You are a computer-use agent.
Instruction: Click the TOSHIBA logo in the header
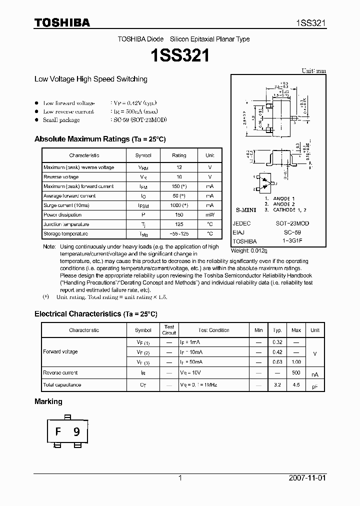pos(62,22)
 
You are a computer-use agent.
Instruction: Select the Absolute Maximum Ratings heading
pos(99,139)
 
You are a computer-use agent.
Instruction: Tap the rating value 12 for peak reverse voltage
pos(178,167)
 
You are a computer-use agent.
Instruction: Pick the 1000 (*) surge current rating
pos(178,205)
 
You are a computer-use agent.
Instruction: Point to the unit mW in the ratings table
pos(209,215)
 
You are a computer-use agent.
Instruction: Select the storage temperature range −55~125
pos(178,234)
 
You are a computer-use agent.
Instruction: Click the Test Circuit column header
pos(169,330)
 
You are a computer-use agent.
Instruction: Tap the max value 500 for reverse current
pos(296,373)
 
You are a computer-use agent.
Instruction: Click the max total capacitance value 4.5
pos(296,385)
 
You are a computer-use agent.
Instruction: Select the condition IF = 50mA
pos(191,362)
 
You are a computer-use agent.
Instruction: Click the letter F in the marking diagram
pos(58,432)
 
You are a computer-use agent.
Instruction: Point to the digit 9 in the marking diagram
pos(76,432)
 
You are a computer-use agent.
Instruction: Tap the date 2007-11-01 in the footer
pos(307,478)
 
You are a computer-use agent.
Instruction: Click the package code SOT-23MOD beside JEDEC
pos(292,223)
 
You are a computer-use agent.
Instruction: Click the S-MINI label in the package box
pos(245,211)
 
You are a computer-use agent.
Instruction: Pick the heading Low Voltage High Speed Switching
pos(90,79)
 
